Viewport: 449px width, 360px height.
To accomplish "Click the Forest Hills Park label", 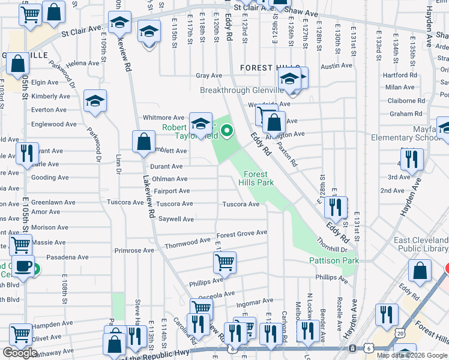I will (256, 178).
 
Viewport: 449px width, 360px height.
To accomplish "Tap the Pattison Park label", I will (334, 260).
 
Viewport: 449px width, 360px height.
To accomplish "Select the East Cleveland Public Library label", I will (421, 245).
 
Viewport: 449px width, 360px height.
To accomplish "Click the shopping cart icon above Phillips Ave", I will (224, 262).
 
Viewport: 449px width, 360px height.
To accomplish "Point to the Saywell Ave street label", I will (176, 220).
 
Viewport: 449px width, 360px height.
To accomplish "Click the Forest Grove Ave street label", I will (241, 233).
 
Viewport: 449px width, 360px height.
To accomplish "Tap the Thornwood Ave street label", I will (188, 244).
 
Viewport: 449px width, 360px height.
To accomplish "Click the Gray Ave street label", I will (209, 76).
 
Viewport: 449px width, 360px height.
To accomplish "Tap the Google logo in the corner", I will (20, 353).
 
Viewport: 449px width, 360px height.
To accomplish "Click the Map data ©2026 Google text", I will (411, 355).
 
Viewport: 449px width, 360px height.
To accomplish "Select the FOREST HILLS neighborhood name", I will (265, 68).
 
